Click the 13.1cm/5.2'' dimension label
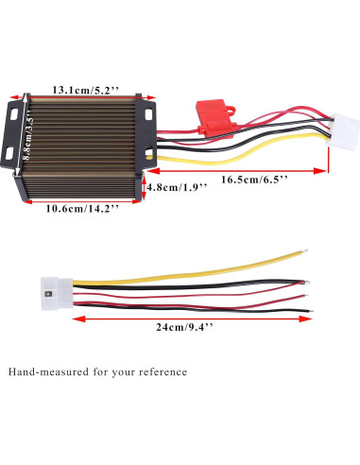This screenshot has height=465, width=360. [x=85, y=89]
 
